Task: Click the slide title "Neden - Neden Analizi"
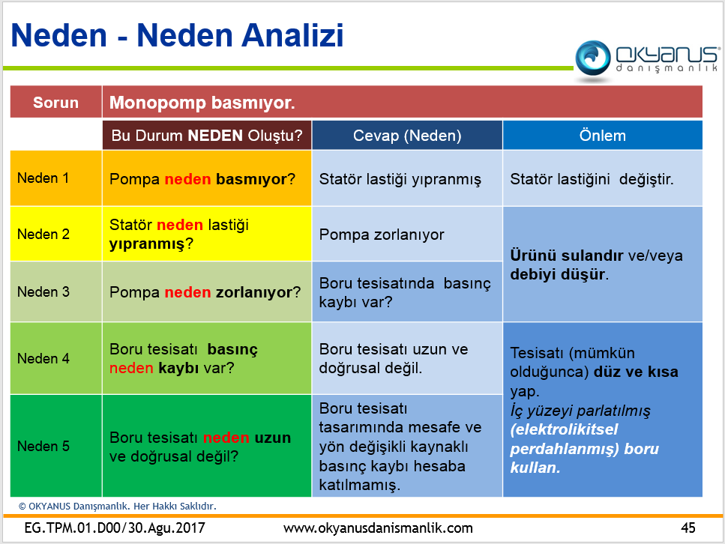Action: coord(177,35)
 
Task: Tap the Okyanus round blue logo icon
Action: coord(593,58)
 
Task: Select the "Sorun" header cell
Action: coord(56,102)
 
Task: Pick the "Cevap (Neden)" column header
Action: coord(407,136)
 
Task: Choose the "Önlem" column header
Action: coord(603,136)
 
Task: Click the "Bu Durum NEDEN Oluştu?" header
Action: coord(207,136)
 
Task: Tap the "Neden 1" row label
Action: coord(43,178)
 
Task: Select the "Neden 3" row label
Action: coord(43,291)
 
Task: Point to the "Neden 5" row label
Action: coord(43,446)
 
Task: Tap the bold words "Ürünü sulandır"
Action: coord(560,255)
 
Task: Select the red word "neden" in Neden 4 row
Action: coord(131,368)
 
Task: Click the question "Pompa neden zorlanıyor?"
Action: coord(205,292)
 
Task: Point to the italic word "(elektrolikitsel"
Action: coord(564,430)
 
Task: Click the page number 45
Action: coord(688,528)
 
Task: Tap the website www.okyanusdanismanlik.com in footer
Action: coord(378,528)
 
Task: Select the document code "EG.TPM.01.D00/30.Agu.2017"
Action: coord(115,528)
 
